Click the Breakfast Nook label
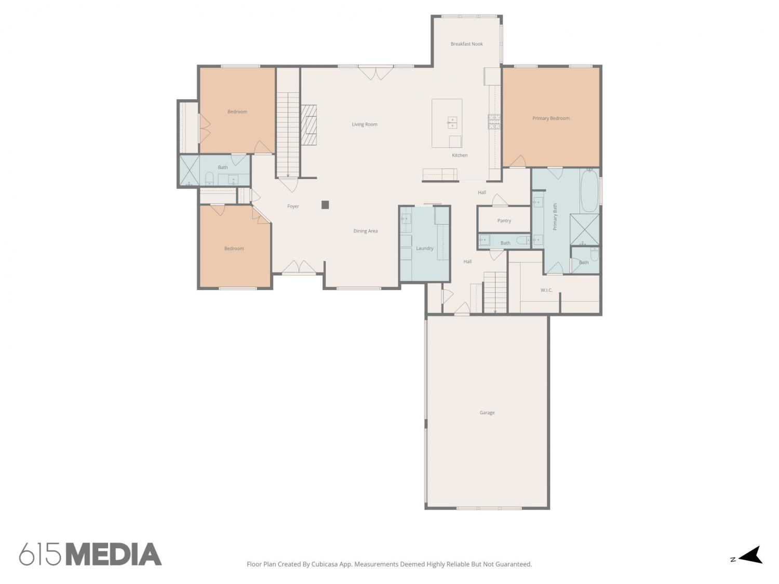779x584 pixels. (x=466, y=44)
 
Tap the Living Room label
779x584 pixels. (x=365, y=125)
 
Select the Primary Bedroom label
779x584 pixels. (x=550, y=118)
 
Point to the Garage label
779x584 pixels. (x=487, y=413)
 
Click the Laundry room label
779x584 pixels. (x=424, y=248)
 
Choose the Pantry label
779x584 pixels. (x=504, y=221)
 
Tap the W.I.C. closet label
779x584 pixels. (x=546, y=290)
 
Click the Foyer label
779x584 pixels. (x=293, y=207)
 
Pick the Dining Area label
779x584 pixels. (x=365, y=231)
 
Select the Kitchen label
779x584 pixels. (x=459, y=155)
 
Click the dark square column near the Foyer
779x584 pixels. (x=325, y=205)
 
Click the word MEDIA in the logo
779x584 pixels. (x=114, y=554)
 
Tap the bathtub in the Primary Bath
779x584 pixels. (x=589, y=191)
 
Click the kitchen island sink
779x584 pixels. (x=452, y=123)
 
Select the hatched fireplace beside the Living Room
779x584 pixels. (x=309, y=125)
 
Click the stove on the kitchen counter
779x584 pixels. (x=494, y=121)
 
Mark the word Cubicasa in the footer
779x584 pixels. (x=325, y=564)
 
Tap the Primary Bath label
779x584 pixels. (x=555, y=216)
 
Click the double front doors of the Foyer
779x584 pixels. (x=299, y=267)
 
